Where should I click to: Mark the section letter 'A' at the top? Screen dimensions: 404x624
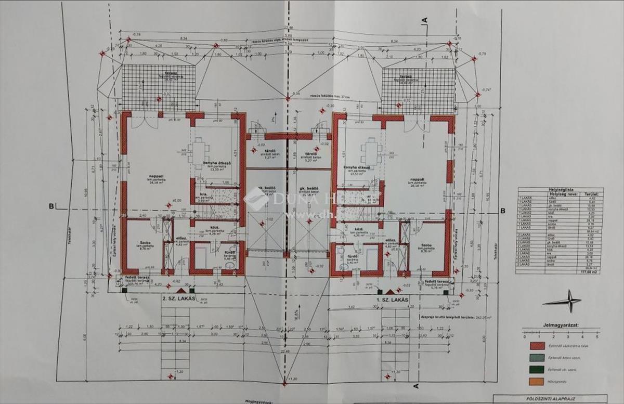click(424, 20)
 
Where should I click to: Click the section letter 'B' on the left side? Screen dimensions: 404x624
click(51, 206)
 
